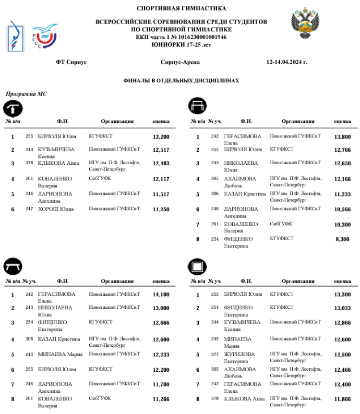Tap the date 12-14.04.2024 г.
tap(287, 62)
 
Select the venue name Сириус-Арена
tap(180, 62)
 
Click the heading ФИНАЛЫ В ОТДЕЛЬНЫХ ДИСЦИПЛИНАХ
tap(181, 81)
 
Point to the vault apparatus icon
tap(13, 108)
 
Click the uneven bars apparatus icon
tap(198, 105)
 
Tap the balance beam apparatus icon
tap(13, 266)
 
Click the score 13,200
tap(161, 137)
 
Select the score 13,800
tap(342, 137)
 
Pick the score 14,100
tap(161, 295)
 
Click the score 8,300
tap(342, 239)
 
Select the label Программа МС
tap(26, 94)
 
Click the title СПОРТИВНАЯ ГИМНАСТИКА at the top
tap(181, 8)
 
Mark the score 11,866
tap(342, 399)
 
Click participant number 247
tap(29, 209)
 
